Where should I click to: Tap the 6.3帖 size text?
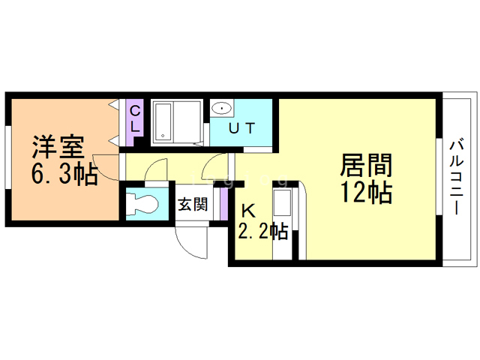click(x=63, y=175)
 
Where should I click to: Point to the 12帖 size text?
click(x=367, y=193)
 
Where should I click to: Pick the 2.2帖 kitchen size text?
click(x=262, y=231)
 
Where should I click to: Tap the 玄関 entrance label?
click(x=193, y=204)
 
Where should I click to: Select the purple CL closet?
click(x=134, y=118)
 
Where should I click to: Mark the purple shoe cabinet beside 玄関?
click(x=223, y=204)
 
